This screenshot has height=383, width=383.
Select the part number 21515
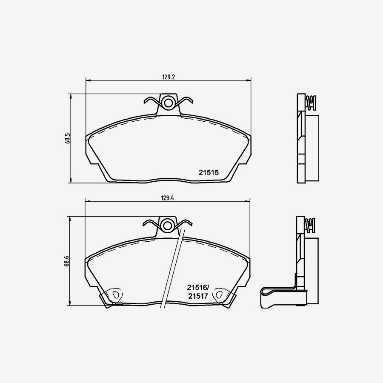(209, 173)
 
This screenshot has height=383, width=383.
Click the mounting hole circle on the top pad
(169, 103)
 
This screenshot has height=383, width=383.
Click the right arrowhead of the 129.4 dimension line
(249, 202)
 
